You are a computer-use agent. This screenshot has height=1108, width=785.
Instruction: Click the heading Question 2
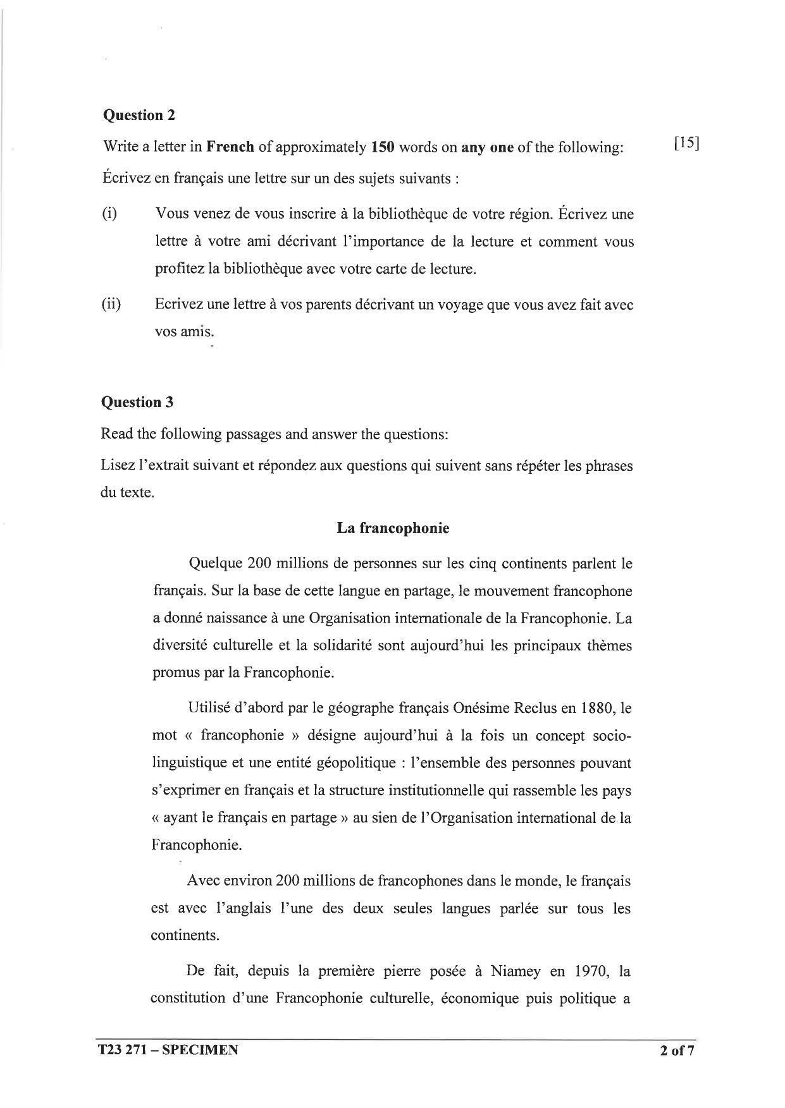coord(139,115)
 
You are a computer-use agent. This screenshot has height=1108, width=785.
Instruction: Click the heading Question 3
coord(137,402)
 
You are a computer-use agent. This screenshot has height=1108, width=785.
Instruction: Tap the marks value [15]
coord(686,143)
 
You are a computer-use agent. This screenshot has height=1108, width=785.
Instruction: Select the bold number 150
coord(383,147)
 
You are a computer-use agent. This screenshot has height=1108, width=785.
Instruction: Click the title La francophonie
coord(393,528)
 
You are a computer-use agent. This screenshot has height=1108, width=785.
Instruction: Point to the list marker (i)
coord(109,214)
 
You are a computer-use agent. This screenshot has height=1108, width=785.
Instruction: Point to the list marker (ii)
coord(111,305)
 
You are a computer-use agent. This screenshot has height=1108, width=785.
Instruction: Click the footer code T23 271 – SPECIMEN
coord(168,1050)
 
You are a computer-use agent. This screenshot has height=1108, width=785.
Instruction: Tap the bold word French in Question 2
coord(231,147)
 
